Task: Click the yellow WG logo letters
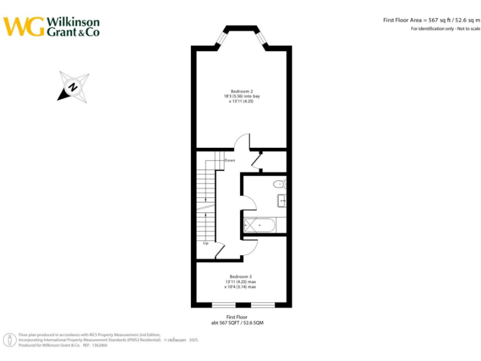pyautogui.click(x=24, y=26)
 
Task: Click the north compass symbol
pyautogui.click(x=73, y=86)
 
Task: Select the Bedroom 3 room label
pyautogui.click(x=240, y=276)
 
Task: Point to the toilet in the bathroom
pyautogui.click(x=280, y=184)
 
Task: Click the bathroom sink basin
pyautogui.click(x=282, y=201)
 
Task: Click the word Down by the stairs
pyautogui.click(x=230, y=160)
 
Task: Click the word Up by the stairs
pyautogui.click(x=205, y=243)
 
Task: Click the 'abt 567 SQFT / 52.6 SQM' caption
pyautogui.click(x=241, y=322)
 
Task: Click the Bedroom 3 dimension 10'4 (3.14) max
pyautogui.click(x=240, y=287)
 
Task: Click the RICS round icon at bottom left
pyautogui.click(x=11, y=340)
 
